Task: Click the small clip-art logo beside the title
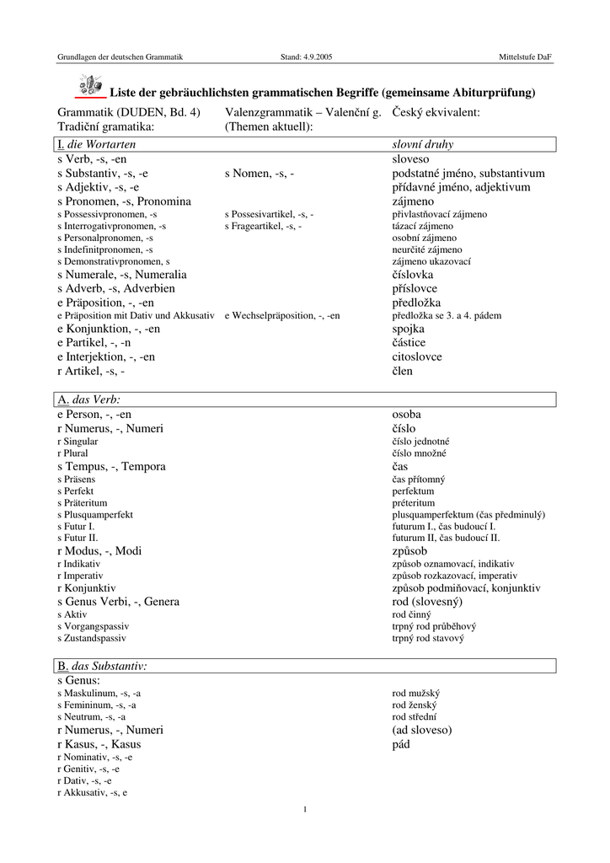coord(89,85)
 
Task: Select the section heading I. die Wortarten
coord(96,145)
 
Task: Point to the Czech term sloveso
coord(410,159)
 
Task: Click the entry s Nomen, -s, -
coord(260,174)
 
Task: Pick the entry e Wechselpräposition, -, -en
coord(282,315)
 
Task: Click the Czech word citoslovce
coord(417,356)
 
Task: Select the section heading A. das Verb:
coord(90,399)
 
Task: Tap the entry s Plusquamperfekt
coord(95,514)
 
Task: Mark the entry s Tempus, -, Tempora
coord(111,466)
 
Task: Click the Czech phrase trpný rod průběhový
coord(434,626)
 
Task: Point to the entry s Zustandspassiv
coord(92,639)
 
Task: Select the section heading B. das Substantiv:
coord(102,666)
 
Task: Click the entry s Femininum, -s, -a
coord(97,705)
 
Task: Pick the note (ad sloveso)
coord(422,730)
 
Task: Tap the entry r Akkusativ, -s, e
coord(93,793)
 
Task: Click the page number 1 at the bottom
coord(305,810)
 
